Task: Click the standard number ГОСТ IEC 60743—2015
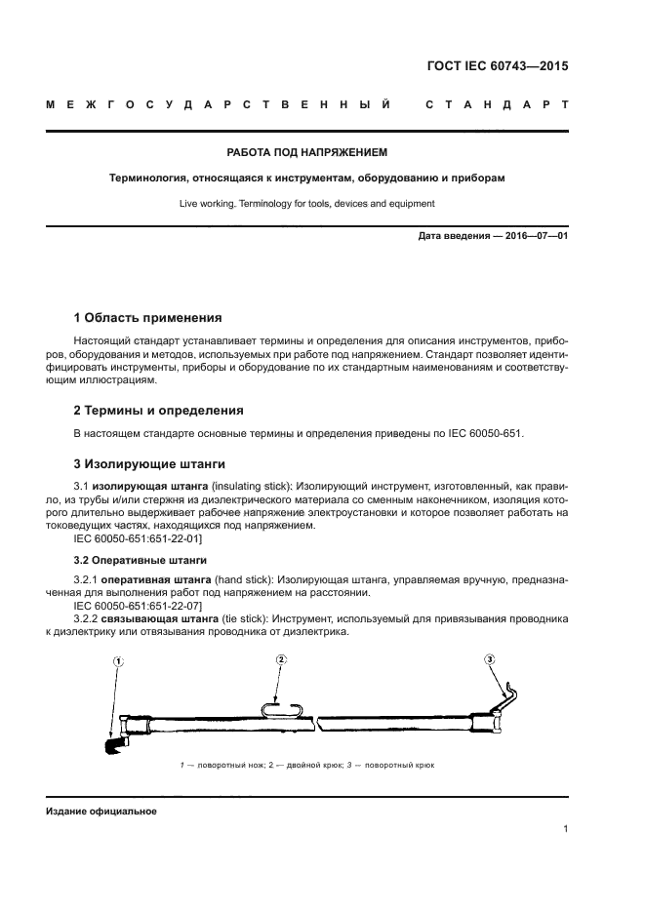(x=498, y=67)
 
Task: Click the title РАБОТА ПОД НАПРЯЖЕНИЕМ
(x=307, y=153)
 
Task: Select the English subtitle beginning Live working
(x=306, y=204)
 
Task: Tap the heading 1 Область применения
(x=148, y=318)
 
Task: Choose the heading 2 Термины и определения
(x=159, y=411)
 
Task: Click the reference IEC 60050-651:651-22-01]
(x=138, y=538)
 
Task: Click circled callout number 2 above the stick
(x=281, y=660)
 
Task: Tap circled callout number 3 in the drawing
(x=490, y=660)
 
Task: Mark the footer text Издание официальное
(x=101, y=812)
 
